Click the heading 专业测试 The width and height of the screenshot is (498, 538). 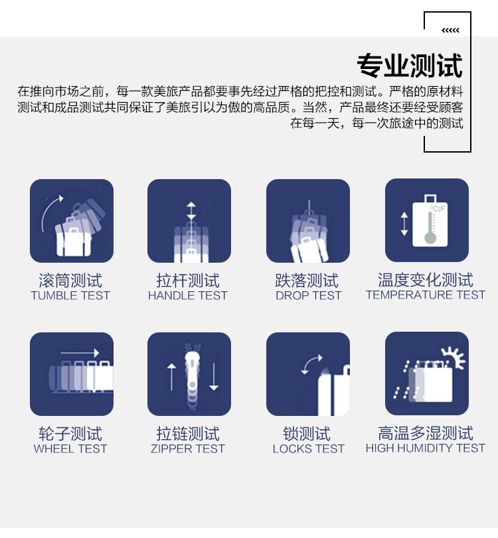pos(410,65)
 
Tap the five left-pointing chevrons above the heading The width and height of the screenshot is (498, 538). pos(450,31)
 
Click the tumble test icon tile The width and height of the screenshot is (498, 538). pos(72,221)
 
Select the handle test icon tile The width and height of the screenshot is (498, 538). pos(189,221)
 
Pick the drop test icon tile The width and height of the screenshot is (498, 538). pos(308,221)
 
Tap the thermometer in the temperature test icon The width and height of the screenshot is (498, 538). pos(430,228)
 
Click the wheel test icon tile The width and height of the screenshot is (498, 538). pos(72,374)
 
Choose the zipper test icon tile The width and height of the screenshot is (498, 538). pos(189,374)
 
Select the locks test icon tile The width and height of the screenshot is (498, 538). pos(308,374)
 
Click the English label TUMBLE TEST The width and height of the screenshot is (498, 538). pos(70,295)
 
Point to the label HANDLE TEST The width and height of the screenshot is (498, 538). pos(188,295)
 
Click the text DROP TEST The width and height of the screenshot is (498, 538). pos(308,295)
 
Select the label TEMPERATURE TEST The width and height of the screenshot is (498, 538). pos(426,295)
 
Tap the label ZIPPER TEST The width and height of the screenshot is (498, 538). pos(188,449)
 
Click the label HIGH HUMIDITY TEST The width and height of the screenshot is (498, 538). pos(426,448)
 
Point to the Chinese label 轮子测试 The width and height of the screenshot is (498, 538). pos(70,434)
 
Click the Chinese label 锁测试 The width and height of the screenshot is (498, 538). pos(307,434)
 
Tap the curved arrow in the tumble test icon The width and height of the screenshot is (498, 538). pos(47,210)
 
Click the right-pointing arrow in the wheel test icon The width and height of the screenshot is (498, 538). pos(80,353)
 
